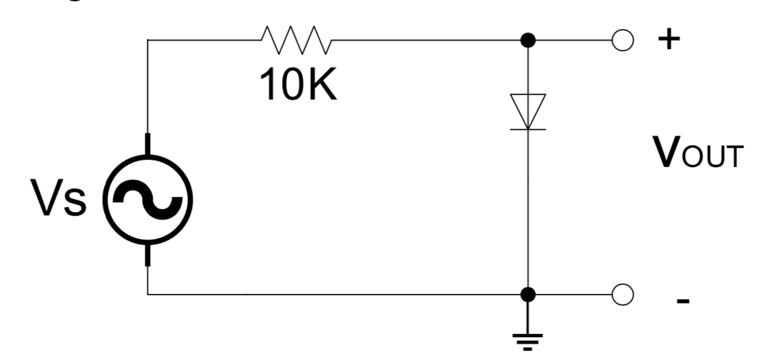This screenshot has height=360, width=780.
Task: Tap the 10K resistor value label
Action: [299, 85]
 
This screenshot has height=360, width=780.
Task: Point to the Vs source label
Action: [60, 200]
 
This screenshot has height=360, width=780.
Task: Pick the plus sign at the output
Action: [668, 40]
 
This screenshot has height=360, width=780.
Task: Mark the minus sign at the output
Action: [682, 301]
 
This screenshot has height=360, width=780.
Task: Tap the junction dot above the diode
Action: [528, 41]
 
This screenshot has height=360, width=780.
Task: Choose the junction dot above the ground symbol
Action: [528, 295]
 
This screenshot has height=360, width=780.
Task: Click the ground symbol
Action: [528, 340]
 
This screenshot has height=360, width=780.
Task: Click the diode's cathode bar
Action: [528, 129]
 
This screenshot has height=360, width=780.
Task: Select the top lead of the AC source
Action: [149, 144]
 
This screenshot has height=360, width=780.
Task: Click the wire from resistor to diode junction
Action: [425, 41]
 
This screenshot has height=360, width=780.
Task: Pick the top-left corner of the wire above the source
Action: [149, 41]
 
